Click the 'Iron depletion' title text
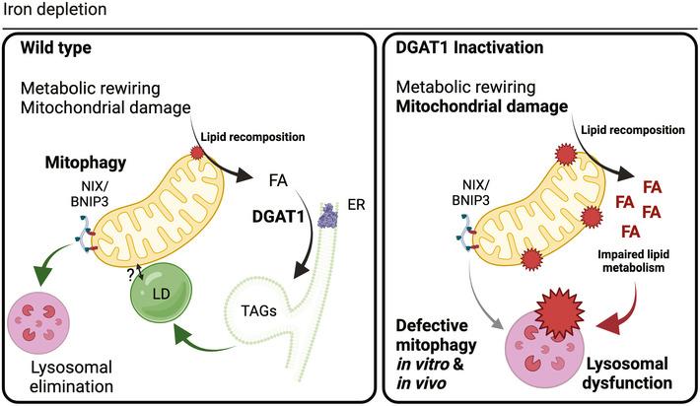point(47,11)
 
